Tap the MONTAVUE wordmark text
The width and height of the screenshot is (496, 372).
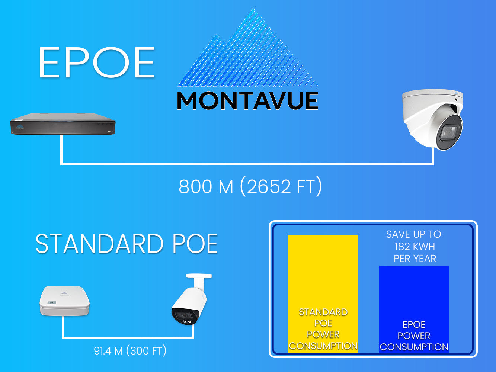247,100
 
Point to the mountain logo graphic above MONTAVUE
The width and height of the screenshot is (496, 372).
249,52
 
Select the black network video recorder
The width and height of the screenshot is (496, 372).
63,124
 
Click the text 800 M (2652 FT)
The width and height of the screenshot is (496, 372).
250,186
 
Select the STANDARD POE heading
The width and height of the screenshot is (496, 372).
127,244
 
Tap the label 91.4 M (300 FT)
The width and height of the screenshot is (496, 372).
130,351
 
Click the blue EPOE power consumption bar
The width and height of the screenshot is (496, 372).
414,294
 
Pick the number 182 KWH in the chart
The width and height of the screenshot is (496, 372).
415,247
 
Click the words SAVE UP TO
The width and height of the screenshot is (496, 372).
413,234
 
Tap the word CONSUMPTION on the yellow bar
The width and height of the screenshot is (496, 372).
323,346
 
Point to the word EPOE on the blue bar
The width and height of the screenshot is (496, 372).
414,324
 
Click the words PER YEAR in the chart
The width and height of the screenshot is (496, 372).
415,259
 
